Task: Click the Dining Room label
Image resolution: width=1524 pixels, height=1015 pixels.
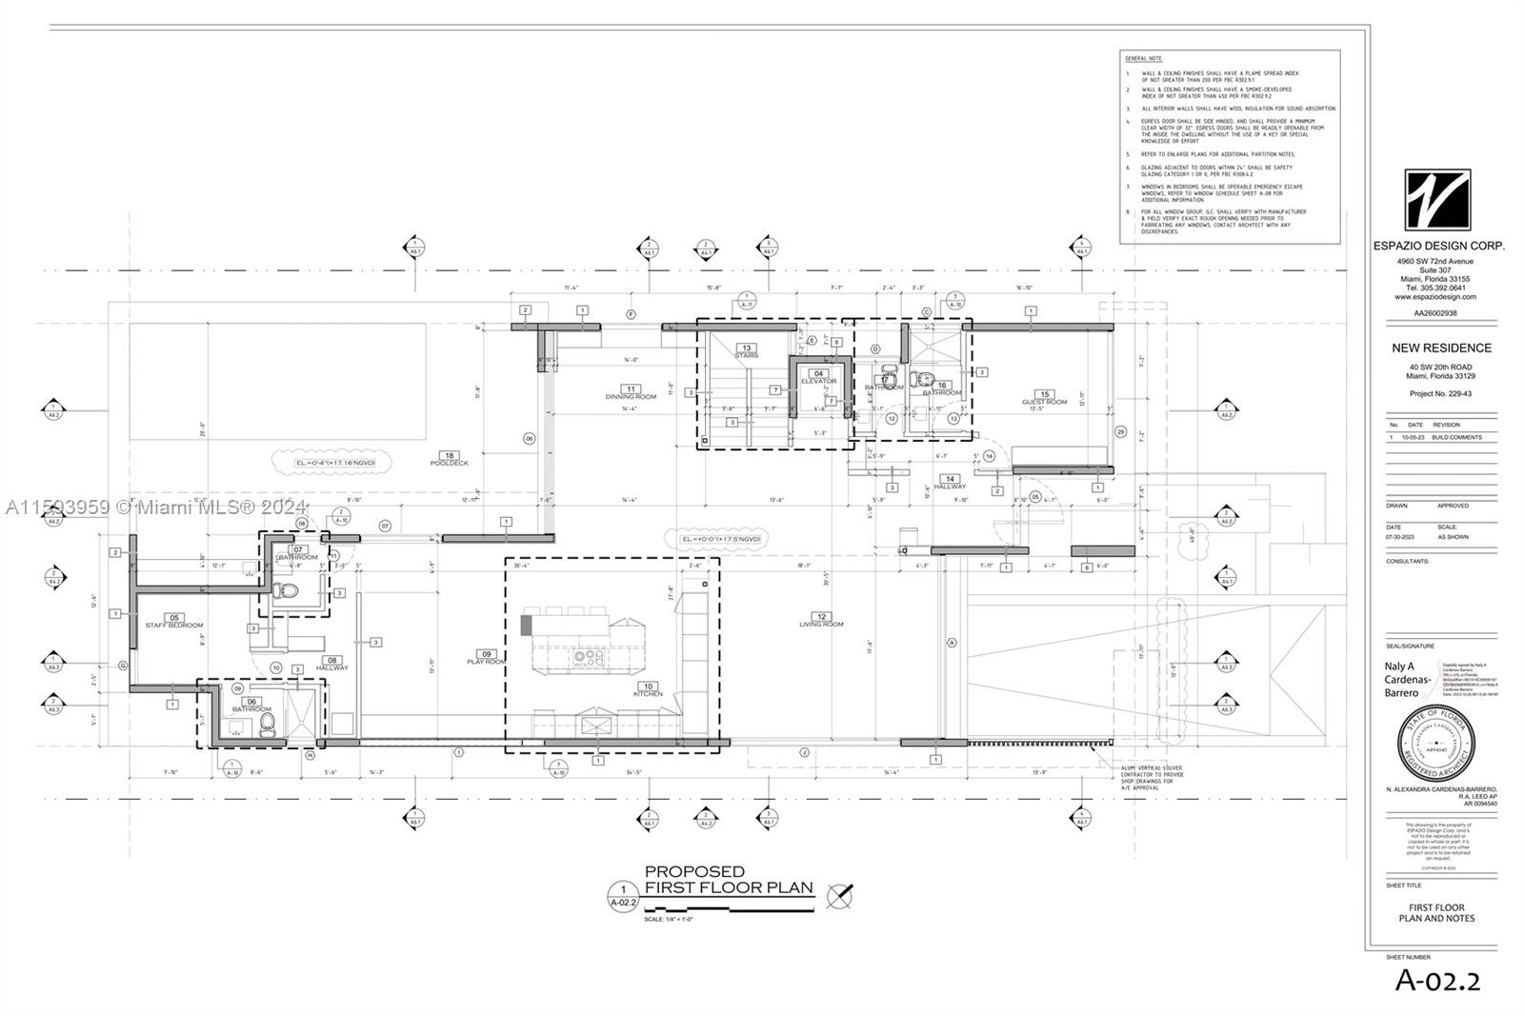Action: tap(631, 396)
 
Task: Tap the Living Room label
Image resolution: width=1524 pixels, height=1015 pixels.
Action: tap(821, 624)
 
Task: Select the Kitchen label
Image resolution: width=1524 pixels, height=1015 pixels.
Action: tap(648, 693)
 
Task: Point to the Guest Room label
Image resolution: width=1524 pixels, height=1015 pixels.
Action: tap(1044, 402)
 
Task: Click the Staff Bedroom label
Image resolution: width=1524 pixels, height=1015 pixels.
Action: tap(173, 625)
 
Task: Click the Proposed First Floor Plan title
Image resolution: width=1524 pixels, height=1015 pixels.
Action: tap(729, 880)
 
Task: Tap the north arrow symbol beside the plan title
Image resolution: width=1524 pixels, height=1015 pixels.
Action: tap(839, 895)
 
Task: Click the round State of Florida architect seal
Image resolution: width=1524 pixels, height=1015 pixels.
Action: tap(1436, 743)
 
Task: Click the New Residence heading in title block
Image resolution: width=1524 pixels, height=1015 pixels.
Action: tap(1441, 348)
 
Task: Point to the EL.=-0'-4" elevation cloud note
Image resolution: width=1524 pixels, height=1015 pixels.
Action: tap(330, 463)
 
